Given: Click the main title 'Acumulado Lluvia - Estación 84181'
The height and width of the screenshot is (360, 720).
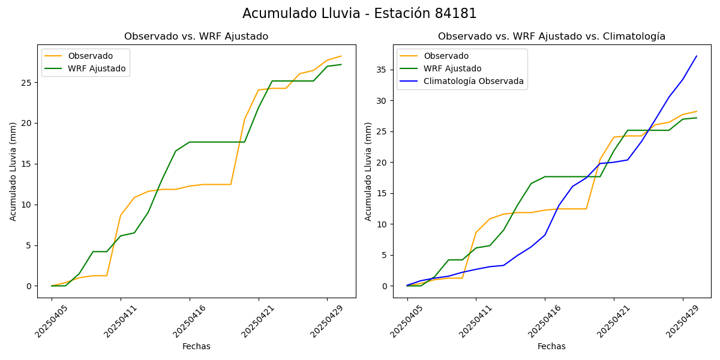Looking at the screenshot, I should tap(359, 14).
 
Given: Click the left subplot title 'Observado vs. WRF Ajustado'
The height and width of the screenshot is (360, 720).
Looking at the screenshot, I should tap(196, 37).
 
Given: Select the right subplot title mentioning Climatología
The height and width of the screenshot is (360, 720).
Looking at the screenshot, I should tap(551, 37).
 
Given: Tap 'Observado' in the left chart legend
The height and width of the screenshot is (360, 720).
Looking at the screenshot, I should tap(90, 56).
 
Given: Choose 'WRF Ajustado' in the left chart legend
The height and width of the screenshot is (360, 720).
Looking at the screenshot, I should tap(97, 68).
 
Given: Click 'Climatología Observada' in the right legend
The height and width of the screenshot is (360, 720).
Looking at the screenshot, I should tap(473, 81).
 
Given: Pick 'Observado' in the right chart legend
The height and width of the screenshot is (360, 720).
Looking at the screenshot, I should tap(446, 56).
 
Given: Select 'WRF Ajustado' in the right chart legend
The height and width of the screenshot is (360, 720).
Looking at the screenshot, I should tap(452, 68).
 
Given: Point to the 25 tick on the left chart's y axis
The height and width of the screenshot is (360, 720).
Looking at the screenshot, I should tap(27, 82).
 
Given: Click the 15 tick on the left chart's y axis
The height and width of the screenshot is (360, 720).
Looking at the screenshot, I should tap(27, 164).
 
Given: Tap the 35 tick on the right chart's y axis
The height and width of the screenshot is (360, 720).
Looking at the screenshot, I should tap(383, 70).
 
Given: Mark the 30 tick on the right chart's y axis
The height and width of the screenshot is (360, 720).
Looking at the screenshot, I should tap(383, 101).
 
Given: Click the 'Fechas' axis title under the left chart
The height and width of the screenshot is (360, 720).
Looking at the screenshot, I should tap(196, 346).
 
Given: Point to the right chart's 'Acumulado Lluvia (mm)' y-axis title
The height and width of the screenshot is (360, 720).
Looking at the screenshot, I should tap(368, 171).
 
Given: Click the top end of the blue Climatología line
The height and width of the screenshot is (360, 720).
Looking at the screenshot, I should tap(697, 56).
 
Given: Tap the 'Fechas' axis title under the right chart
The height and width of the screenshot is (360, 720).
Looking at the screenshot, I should tap(551, 346).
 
